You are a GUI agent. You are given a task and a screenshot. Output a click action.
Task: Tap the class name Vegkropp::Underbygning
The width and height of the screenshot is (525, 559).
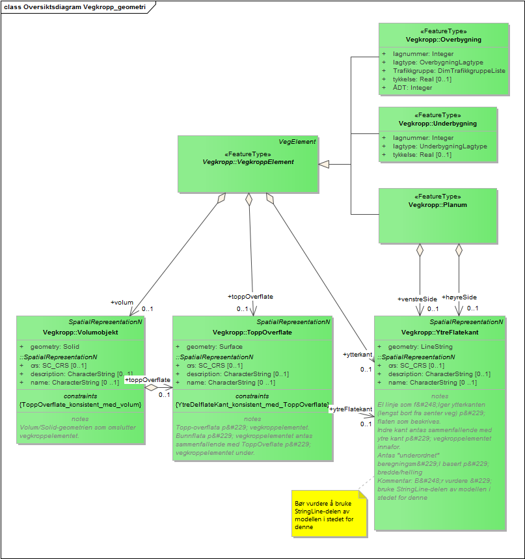click(x=437, y=123)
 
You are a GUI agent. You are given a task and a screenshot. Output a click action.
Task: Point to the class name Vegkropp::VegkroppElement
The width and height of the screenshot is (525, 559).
click(x=248, y=161)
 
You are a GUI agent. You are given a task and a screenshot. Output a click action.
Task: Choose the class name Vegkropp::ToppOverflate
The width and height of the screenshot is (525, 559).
click(x=252, y=332)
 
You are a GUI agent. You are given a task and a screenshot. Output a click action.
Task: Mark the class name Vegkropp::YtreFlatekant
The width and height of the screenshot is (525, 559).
click(x=440, y=332)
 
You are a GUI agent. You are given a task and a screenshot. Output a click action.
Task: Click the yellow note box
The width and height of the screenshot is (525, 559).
click(x=330, y=514)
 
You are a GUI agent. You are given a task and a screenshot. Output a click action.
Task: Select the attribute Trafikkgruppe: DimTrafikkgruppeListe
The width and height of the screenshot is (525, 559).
click(x=449, y=71)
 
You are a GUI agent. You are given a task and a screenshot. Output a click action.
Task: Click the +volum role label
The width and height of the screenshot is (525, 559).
click(x=122, y=302)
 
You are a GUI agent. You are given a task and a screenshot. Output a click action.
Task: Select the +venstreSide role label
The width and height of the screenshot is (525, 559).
click(x=417, y=299)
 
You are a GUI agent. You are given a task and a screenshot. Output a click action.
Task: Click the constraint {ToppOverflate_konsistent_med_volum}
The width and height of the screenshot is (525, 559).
click(x=80, y=404)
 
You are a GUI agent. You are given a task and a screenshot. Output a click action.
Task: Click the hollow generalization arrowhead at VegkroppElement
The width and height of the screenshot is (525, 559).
click(x=324, y=163)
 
